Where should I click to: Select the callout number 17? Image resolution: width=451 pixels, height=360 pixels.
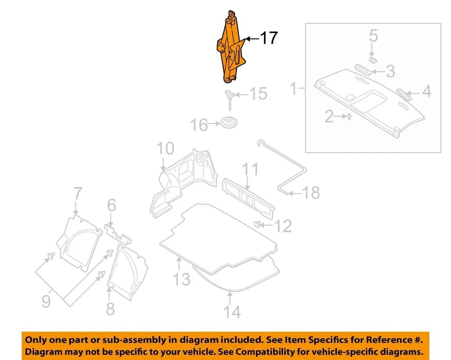(269, 38)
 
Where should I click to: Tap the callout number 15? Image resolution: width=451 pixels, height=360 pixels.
(258, 94)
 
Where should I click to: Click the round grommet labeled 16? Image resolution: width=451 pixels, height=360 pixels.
(228, 124)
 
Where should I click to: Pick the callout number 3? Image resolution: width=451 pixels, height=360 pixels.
(390, 71)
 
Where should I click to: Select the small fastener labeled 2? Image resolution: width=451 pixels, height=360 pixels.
(349, 117)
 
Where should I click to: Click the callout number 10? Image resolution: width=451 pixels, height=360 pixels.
(165, 149)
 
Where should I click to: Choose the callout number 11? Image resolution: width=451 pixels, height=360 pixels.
(250, 169)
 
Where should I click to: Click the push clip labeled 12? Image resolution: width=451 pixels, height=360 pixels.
(258, 224)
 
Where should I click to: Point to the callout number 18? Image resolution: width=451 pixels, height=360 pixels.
(310, 192)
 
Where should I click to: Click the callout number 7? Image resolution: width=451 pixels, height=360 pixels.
(78, 194)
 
